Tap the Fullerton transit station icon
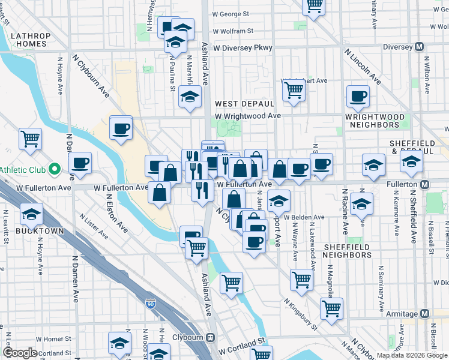click(425, 184)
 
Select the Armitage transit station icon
click(425, 314)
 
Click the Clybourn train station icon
click(211, 337)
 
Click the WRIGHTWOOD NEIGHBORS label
click(372, 120)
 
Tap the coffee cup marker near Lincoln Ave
click(359, 96)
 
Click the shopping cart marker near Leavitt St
click(30, 139)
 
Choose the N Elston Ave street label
click(117, 212)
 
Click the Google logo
click(20, 353)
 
